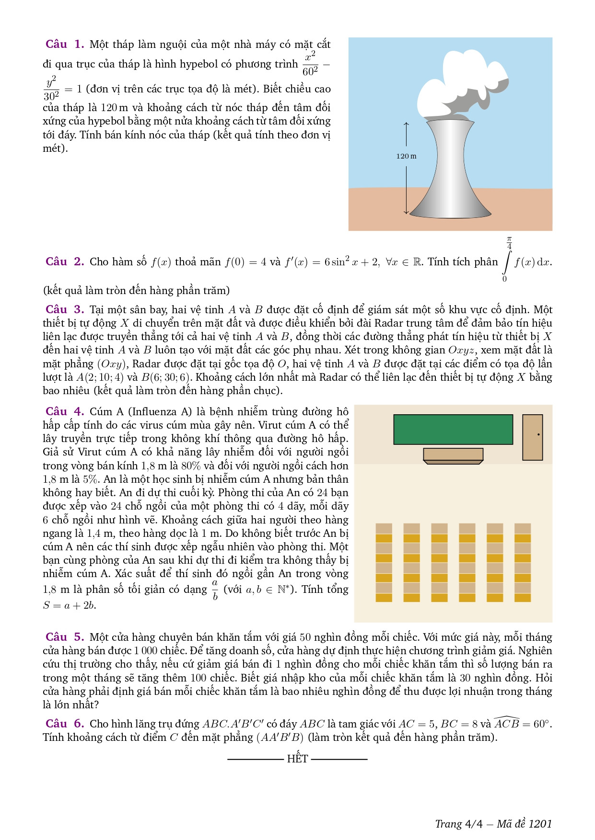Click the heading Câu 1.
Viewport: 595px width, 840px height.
pos(65,44)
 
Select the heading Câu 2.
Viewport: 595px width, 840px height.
pos(65,261)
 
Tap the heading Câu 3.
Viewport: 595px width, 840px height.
pos(65,309)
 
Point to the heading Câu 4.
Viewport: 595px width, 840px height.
pos(65,411)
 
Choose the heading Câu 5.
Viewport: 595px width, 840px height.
pos(65,637)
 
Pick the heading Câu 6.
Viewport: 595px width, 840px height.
pos(65,723)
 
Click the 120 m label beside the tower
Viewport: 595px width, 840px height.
pos(406,156)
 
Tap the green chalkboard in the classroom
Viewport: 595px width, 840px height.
pos(453,430)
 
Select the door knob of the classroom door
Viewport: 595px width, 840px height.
pos(538,435)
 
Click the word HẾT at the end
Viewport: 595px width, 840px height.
pos(297,759)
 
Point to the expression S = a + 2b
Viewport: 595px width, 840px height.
pos(70,605)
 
